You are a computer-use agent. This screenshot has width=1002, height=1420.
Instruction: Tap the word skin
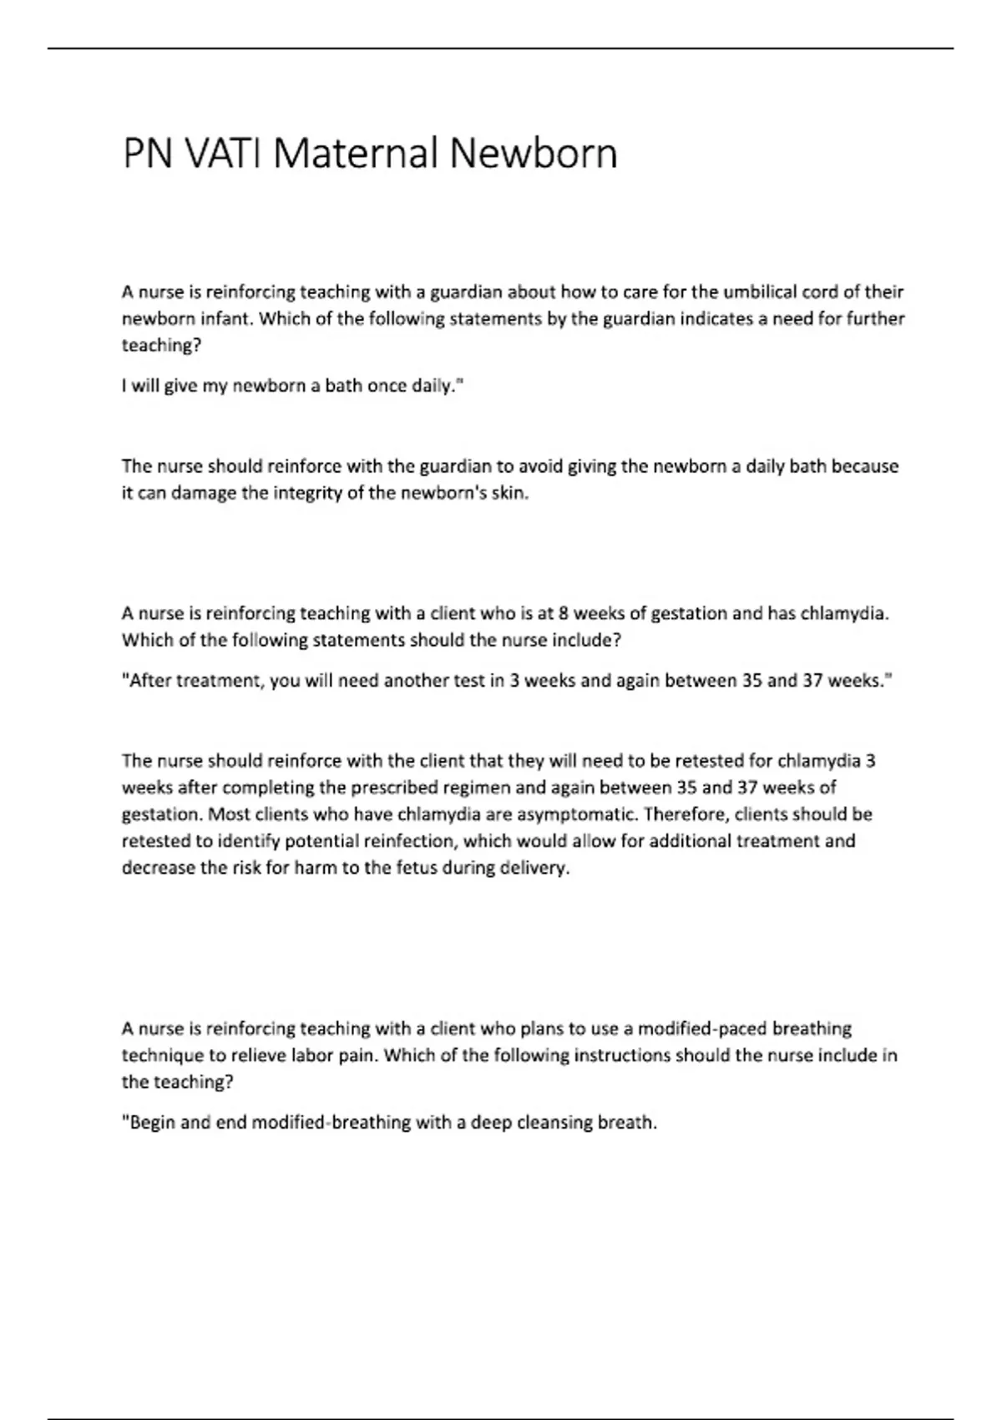coord(510,493)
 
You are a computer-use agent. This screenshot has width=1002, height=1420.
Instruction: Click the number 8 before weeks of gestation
coord(564,614)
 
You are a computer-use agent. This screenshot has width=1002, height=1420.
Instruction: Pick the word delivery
coord(534,868)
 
